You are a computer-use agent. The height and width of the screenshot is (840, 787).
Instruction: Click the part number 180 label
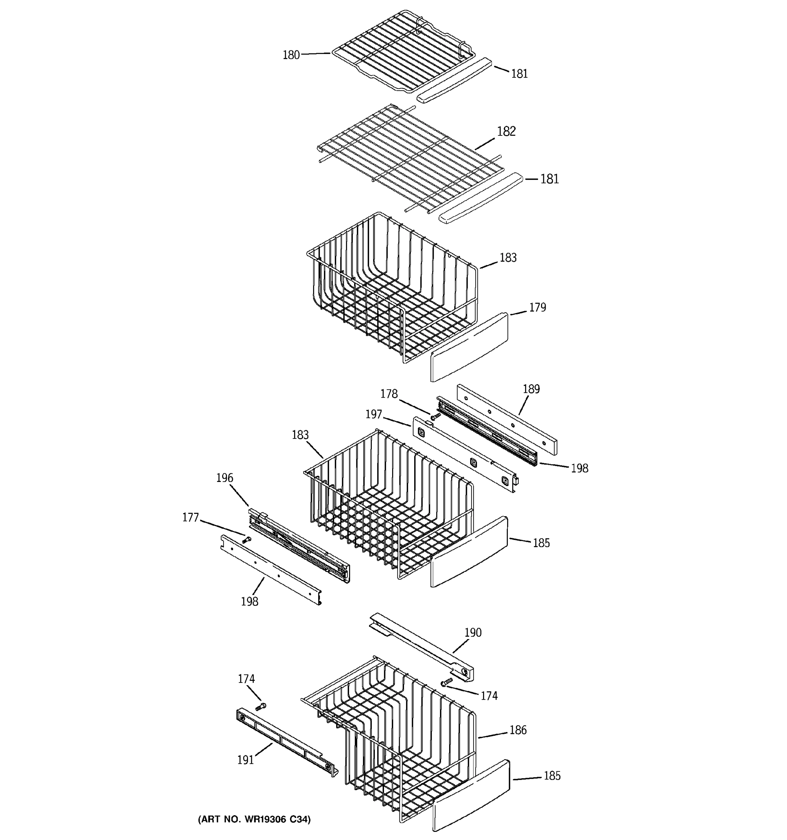point(291,55)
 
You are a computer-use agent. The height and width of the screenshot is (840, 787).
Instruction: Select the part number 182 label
point(506,131)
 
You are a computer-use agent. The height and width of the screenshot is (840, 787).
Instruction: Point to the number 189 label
point(531,389)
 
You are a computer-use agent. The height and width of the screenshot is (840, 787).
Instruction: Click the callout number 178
point(389,394)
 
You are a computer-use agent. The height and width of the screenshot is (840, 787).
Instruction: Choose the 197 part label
point(374,414)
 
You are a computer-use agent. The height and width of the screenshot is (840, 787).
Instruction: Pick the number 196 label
point(225,478)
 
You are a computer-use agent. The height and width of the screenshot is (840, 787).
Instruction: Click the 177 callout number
point(190,518)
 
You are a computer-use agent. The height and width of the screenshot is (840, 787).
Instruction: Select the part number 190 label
point(473,632)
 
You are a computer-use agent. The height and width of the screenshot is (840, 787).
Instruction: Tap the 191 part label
point(245,760)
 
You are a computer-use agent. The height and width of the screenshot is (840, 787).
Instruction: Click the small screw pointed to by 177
point(247,540)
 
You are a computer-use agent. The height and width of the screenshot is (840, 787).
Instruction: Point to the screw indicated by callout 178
point(435,416)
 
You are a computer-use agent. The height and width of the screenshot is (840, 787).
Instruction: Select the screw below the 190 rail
point(446,681)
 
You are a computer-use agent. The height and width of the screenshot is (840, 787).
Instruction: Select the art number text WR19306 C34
point(254,819)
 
